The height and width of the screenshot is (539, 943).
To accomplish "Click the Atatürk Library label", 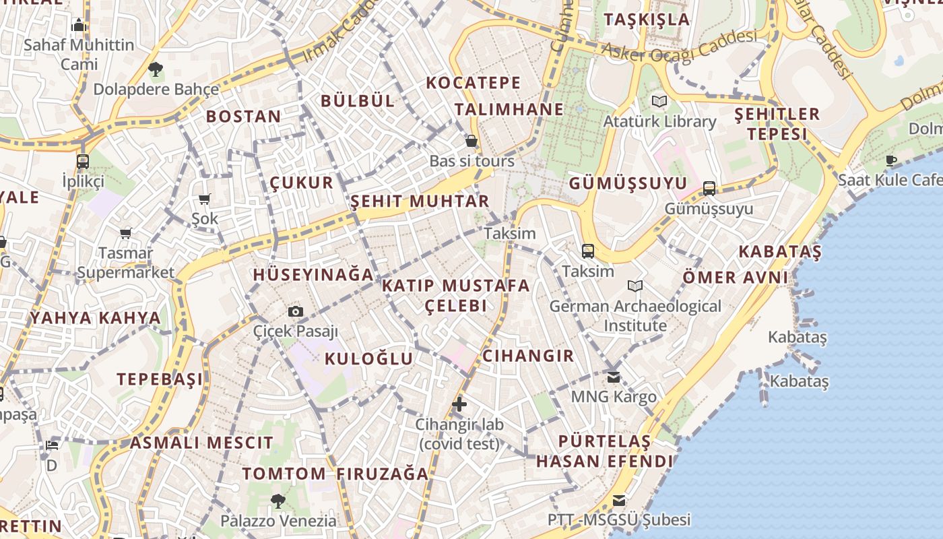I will click(659, 121).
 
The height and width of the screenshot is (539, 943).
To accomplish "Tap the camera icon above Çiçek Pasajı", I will click(295, 311).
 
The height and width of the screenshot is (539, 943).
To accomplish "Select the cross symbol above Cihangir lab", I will click(459, 404).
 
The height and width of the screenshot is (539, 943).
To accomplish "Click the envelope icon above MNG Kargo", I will click(613, 377).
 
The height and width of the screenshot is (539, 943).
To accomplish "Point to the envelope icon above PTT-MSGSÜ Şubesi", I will click(618, 500).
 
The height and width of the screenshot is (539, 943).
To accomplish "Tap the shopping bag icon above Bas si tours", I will click(471, 141).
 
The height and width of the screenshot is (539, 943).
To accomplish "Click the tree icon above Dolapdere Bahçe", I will click(156, 69).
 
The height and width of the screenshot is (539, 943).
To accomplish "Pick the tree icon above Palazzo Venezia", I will click(278, 501).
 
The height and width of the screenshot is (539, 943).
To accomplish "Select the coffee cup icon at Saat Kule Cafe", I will click(891, 160).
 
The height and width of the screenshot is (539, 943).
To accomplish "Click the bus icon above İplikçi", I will click(83, 162).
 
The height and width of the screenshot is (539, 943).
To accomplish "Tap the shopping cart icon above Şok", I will click(204, 199).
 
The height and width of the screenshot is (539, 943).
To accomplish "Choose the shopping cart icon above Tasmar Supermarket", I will click(125, 234).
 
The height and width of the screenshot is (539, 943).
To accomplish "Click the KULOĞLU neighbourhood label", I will click(368, 358).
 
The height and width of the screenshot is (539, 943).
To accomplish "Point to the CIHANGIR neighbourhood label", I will click(528, 356).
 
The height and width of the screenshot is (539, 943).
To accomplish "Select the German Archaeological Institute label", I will click(635, 316).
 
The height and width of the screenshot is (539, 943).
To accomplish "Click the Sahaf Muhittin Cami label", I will click(79, 55).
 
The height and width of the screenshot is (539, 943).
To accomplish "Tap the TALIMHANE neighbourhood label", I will click(509, 110).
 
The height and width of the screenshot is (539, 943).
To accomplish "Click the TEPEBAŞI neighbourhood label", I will click(160, 379).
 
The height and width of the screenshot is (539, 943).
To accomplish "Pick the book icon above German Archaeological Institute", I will click(635, 286).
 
